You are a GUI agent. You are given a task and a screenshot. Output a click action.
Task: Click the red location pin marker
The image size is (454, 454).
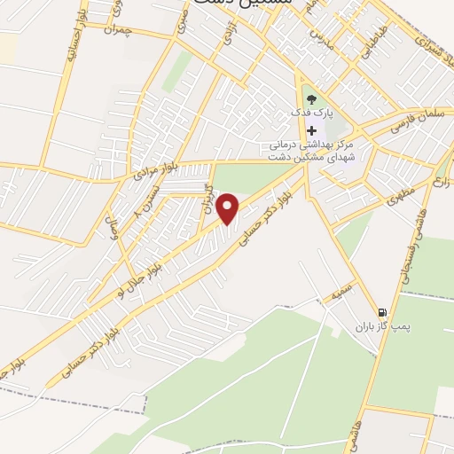coord(229,209)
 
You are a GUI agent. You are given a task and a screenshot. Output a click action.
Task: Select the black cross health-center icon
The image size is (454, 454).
coord(311,130)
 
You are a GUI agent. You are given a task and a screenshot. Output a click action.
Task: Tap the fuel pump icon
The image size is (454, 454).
coord(382,312)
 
